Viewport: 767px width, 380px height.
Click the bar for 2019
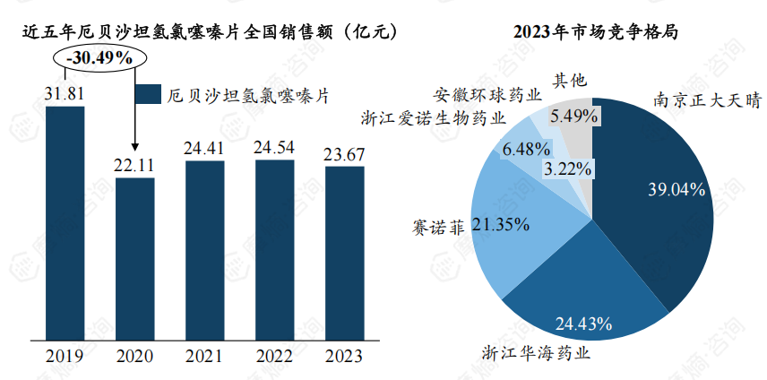click(x=65, y=224)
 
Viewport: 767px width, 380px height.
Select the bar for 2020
click(x=134, y=260)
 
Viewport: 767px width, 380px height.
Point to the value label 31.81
click(x=65, y=94)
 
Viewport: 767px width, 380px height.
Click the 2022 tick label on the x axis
click(x=274, y=356)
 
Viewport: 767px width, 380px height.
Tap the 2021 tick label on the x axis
click(x=204, y=356)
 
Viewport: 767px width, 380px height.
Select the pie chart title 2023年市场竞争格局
click(x=595, y=31)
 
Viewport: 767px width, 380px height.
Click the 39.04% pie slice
click(x=663, y=197)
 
